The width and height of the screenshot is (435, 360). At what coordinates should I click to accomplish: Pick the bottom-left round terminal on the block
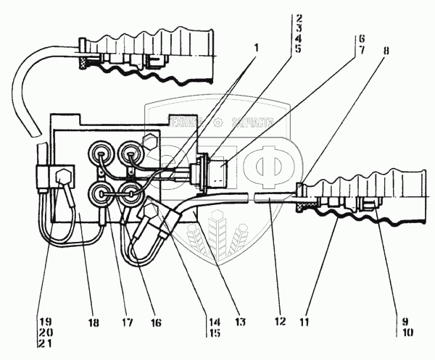pos(99,194)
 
